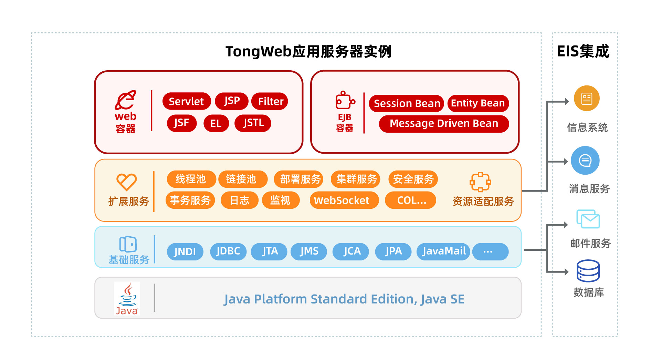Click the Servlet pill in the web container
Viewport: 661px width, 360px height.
coord(186,101)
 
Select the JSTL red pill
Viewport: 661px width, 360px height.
coord(253,123)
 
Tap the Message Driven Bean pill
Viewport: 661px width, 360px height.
coord(444,123)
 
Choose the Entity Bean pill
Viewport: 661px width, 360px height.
coord(478,103)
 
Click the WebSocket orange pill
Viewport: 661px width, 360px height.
coord(344,200)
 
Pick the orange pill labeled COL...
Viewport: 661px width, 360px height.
coord(411,200)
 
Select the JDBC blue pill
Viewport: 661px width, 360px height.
coord(228,251)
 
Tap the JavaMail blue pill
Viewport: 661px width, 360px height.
coord(443,251)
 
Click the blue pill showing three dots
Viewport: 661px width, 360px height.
coord(490,251)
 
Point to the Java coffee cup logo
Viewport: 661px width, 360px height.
coord(127,298)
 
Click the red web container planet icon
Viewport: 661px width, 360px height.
coord(126,100)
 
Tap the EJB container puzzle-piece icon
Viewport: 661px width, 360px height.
coord(345,101)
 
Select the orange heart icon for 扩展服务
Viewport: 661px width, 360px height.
coord(126,182)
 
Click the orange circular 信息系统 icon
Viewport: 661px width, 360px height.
coord(587,99)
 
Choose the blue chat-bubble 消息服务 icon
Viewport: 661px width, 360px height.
coord(585,161)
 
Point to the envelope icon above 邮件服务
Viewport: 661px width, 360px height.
coord(588,219)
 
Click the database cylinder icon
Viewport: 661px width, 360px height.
coord(588,271)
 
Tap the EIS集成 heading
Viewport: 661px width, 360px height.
coord(583,51)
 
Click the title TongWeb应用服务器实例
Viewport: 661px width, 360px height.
coord(308,52)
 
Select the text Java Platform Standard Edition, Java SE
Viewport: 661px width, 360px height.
coord(344,299)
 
